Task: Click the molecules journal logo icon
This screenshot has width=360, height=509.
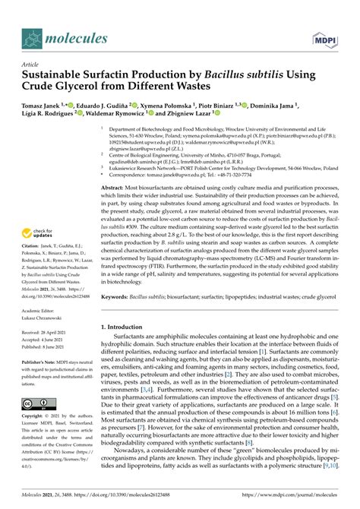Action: click(x=34, y=37)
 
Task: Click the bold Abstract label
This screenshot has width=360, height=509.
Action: click(x=113, y=187)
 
